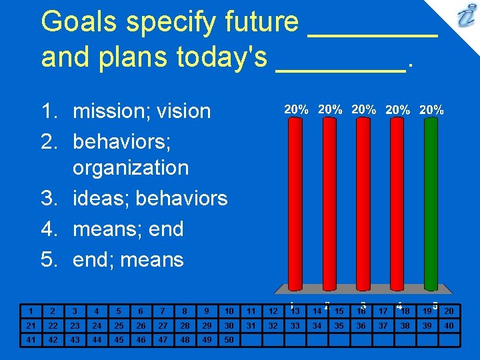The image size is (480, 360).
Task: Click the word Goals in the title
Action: point(77,22)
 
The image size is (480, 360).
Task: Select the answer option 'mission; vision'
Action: point(141,111)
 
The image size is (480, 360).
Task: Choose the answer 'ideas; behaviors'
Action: point(150,198)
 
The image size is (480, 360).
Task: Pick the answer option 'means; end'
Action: point(128,229)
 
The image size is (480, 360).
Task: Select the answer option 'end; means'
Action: point(128,259)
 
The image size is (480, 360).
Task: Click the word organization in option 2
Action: point(131,167)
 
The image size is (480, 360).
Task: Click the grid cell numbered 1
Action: point(30,311)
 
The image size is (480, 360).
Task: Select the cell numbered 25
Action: point(118,325)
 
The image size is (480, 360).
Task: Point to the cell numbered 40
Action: point(449,325)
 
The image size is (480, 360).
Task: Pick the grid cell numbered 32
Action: point(273,325)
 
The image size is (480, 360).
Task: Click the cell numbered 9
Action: point(207,311)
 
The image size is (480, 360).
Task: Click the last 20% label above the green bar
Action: point(432,109)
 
